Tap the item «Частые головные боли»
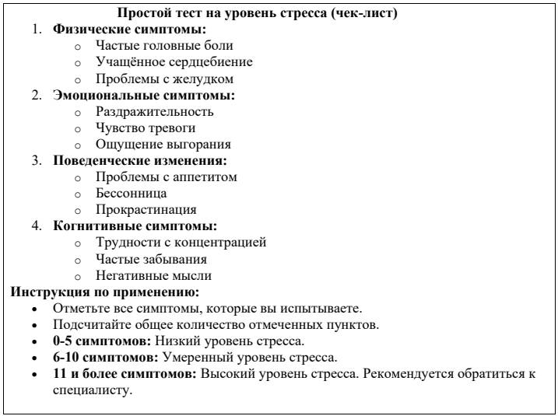pyautogui.click(x=155, y=46)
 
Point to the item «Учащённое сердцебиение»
pyautogui.click(x=163, y=62)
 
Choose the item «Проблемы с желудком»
pyautogui.click(x=155, y=79)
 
